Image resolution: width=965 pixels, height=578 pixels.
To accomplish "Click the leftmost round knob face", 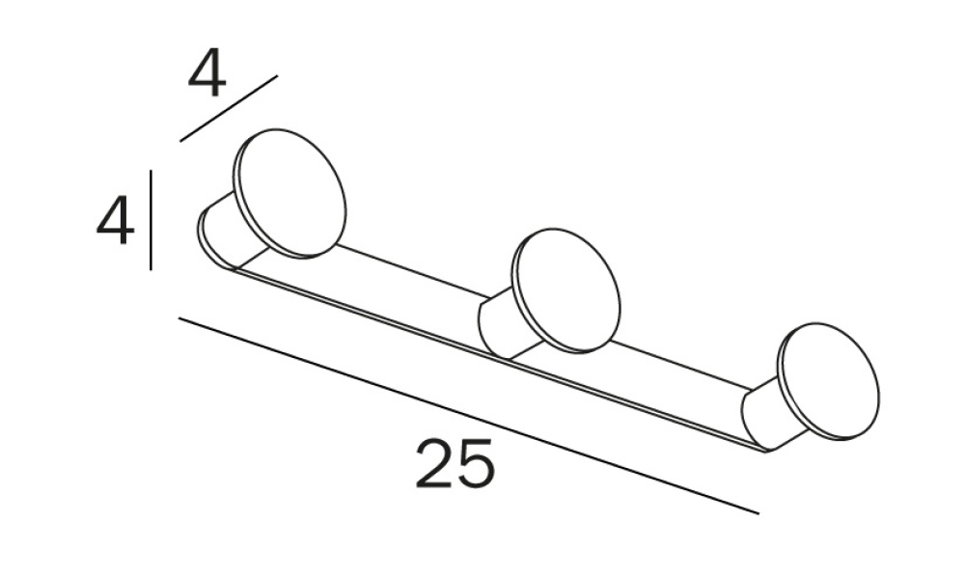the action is [x=289, y=193].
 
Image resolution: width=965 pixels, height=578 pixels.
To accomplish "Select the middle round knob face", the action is [x=566, y=291].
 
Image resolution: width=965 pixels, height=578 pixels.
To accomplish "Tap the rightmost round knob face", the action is [x=829, y=382].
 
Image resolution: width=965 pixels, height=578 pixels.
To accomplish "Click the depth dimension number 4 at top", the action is [x=207, y=75].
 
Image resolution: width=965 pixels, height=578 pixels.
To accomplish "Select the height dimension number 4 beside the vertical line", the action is [x=116, y=220].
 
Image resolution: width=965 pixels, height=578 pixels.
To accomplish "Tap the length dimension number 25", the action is [x=455, y=463].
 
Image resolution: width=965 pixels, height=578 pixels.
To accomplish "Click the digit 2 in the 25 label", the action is [x=434, y=463].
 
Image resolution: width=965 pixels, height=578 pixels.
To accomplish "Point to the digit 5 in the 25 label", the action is [x=476, y=463].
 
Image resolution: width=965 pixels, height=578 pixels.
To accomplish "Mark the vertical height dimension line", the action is [x=152, y=220].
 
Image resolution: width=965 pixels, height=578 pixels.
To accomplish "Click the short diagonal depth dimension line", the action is [x=229, y=108].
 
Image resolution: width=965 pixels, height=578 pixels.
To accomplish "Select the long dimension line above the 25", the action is [x=469, y=416].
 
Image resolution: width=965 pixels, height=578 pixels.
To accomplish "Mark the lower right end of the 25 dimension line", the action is [x=758, y=513].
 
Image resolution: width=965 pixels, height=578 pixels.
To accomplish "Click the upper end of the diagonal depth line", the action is [x=278, y=75].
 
